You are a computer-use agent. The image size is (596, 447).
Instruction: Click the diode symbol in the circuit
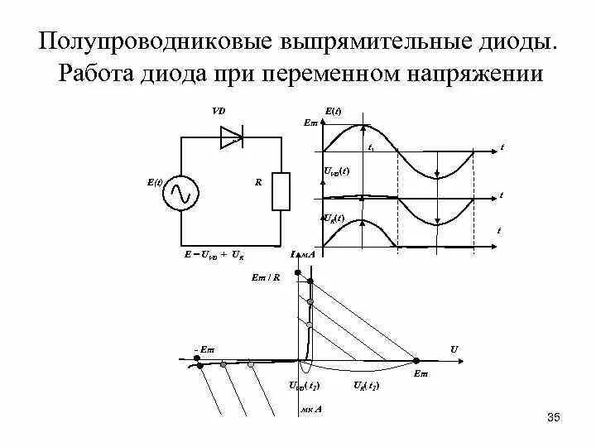click(232, 137)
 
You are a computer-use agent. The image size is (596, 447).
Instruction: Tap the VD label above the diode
click(218, 110)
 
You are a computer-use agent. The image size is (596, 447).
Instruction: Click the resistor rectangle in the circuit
click(281, 192)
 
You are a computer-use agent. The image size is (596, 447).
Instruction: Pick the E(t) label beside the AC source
click(155, 180)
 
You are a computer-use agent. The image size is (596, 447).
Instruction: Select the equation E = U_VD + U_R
click(214, 255)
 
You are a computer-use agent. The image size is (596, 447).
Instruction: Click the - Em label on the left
click(203, 349)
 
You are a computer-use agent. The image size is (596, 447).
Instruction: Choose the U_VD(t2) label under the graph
click(304, 387)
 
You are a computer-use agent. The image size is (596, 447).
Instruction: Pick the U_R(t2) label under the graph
click(366, 387)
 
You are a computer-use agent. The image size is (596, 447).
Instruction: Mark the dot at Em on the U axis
click(416, 360)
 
